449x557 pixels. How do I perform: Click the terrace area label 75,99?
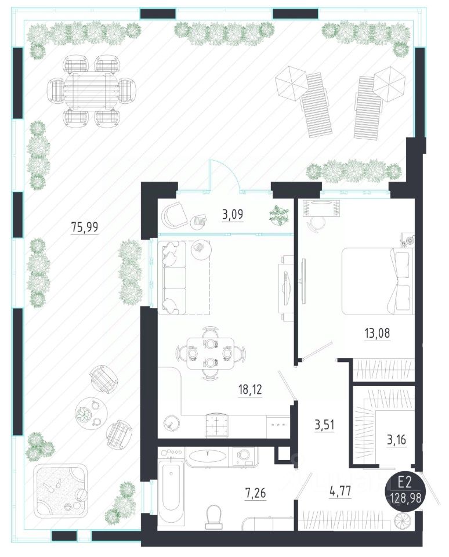click(x=85, y=227)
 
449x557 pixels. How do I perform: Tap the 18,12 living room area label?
click(x=250, y=390)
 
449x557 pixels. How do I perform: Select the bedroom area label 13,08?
click(x=377, y=333)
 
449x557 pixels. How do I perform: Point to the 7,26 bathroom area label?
click(x=255, y=493)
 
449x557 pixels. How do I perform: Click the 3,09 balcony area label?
click(x=233, y=215)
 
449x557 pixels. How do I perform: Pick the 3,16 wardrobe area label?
click(x=396, y=440)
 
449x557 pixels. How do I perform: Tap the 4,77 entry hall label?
click(x=340, y=491)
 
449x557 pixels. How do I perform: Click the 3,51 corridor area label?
click(x=324, y=425)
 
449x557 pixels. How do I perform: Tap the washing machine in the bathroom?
click(x=244, y=456)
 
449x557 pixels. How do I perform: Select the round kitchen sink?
click(x=172, y=422)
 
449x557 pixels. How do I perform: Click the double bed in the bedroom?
click(x=378, y=281)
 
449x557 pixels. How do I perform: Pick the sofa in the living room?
click(x=172, y=278)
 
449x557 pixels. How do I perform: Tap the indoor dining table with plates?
click(x=211, y=354)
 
